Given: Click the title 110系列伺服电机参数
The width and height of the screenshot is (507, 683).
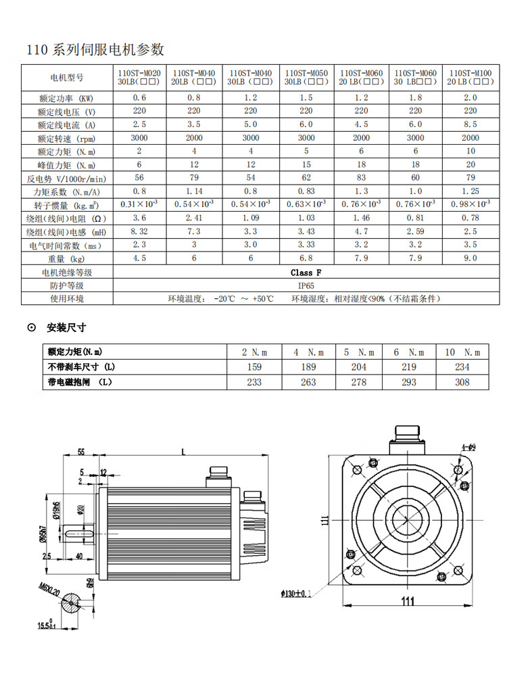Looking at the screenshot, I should click(x=95, y=49).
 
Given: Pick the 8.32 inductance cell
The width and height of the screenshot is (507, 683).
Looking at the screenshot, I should click(x=139, y=231).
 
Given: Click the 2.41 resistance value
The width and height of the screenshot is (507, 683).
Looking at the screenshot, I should click(x=194, y=218).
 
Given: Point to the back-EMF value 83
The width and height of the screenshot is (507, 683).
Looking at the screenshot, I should click(x=361, y=178).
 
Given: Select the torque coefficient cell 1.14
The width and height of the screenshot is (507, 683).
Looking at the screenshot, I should click(x=194, y=191).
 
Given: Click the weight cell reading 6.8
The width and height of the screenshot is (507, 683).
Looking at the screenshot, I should click(x=306, y=258).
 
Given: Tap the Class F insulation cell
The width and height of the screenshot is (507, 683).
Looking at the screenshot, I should click(x=306, y=272).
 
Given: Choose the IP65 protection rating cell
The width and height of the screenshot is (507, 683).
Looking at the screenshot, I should click(x=306, y=285).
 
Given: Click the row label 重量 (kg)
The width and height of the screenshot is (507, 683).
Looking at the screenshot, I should click(x=66, y=258).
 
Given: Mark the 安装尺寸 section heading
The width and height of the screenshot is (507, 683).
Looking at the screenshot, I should click(x=66, y=328).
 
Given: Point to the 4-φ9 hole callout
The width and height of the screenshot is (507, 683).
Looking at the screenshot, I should click(x=468, y=447).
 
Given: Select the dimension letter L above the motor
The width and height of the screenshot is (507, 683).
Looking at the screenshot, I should click(x=183, y=451).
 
